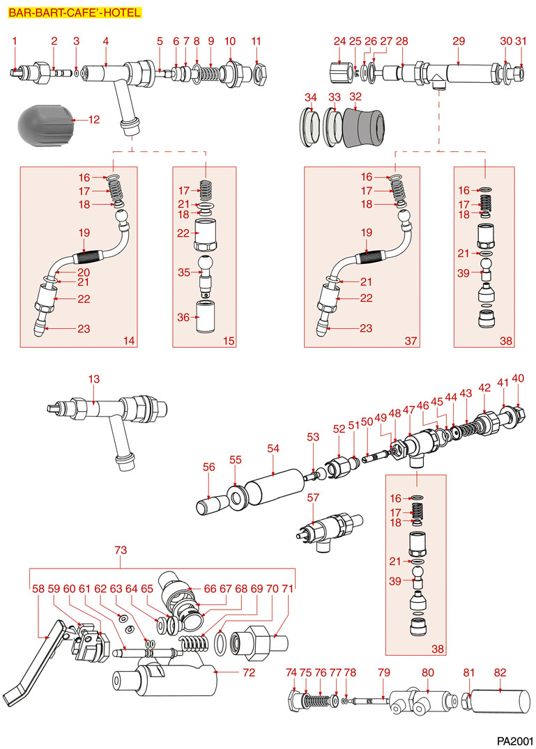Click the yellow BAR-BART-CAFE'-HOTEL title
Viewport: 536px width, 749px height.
(75, 13)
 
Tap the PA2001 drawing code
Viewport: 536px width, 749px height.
(514, 740)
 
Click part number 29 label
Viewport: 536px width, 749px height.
(458, 42)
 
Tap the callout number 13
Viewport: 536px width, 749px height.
(94, 379)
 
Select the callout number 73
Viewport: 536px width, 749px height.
(121, 550)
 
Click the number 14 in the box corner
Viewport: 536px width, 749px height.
(128, 341)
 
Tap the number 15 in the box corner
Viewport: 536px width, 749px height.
(229, 341)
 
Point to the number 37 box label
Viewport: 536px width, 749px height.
(410, 341)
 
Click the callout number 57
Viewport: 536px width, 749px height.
(313, 497)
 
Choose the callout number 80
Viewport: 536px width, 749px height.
(428, 672)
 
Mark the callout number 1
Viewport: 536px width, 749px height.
(14, 42)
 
